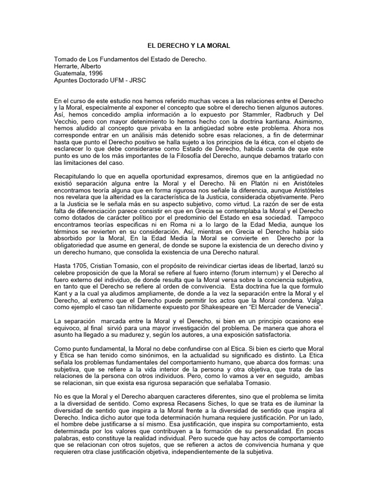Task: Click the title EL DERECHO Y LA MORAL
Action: [189, 45]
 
